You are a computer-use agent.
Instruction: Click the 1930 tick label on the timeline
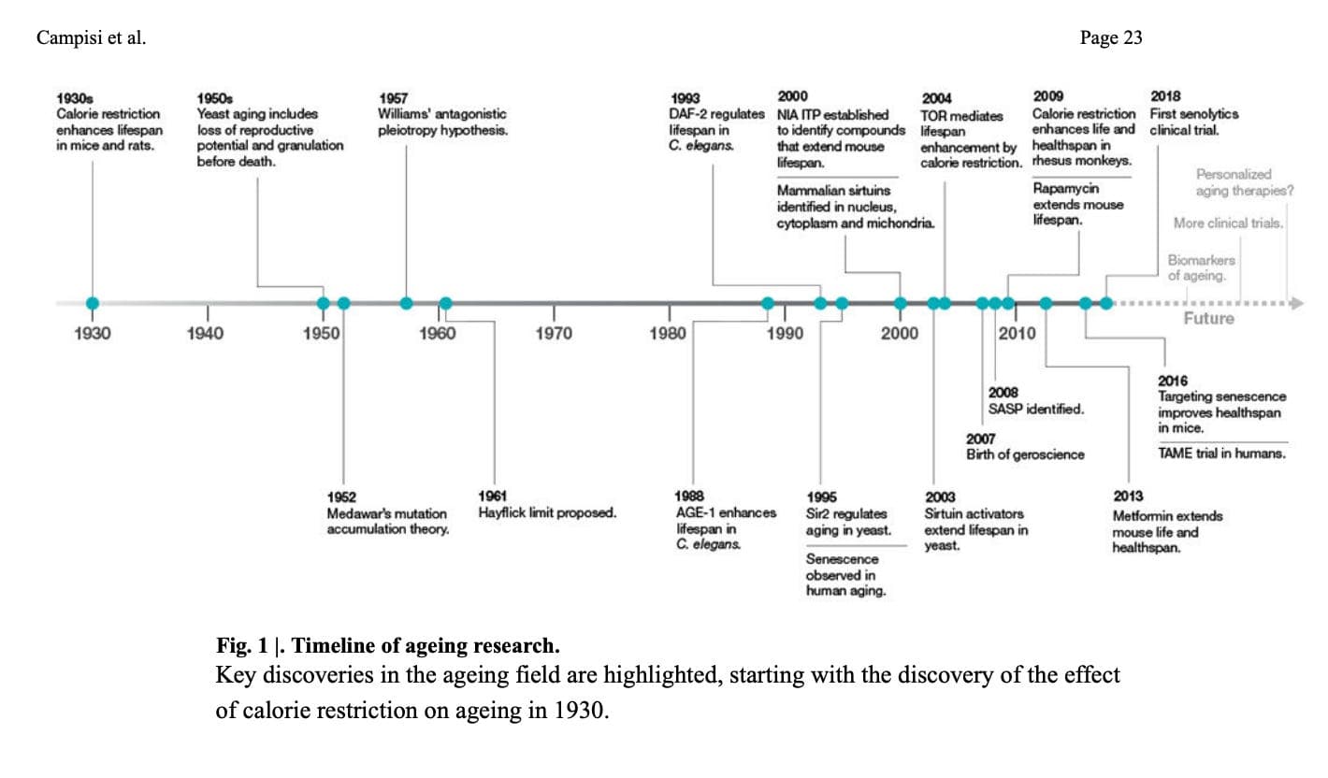(x=92, y=333)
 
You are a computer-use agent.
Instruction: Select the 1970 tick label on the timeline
(x=554, y=333)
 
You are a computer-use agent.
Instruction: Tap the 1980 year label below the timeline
(x=669, y=333)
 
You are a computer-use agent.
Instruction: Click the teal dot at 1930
(x=92, y=303)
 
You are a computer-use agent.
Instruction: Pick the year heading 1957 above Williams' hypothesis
(x=394, y=98)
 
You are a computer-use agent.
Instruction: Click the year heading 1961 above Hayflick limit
(x=493, y=497)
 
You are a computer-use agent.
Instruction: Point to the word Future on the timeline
(x=1208, y=319)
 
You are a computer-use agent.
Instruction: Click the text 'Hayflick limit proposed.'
(x=547, y=512)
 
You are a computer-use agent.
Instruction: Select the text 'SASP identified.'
(x=1036, y=409)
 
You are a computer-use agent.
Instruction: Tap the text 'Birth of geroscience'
(x=1025, y=454)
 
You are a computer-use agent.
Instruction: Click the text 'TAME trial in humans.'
(x=1221, y=454)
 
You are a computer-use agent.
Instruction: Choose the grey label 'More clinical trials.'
(x=1228, y=223)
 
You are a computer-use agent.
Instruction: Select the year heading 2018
(x=1165, y=96)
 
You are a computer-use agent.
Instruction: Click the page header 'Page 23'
(x=1110, y=38)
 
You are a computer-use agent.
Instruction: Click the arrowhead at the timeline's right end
(x=1297, y=303)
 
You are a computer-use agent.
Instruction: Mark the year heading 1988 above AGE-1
(x=689, y=497)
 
